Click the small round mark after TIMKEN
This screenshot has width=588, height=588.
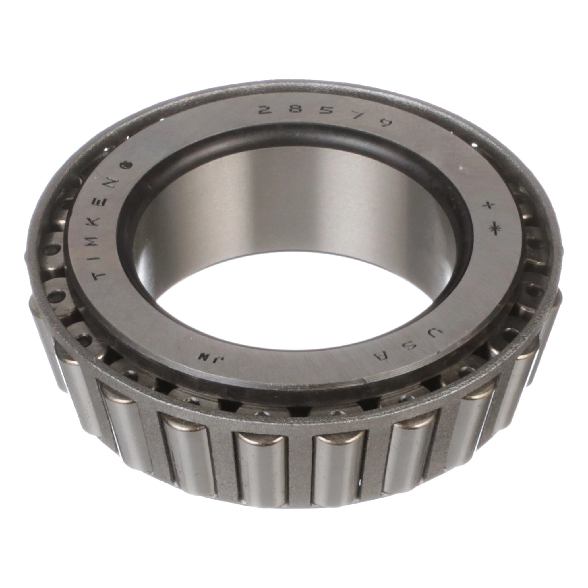click(x=131, y=165)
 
